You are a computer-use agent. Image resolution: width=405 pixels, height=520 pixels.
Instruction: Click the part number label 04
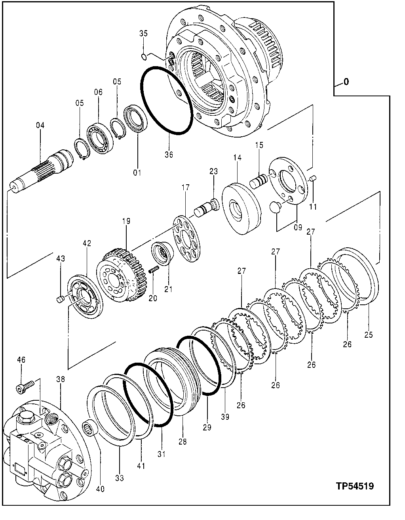(40, 126)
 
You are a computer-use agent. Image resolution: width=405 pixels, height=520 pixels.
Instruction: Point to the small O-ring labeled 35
(145, 57)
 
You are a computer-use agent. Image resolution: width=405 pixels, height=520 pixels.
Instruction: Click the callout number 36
(169, 155)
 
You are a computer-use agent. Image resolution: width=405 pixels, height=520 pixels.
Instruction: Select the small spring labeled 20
(154, 270)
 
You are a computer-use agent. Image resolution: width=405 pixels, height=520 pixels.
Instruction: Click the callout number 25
(368, 334)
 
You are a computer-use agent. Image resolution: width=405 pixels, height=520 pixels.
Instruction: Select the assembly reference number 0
(346, 82)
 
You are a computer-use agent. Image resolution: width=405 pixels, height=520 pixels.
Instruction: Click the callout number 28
(183, 442)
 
